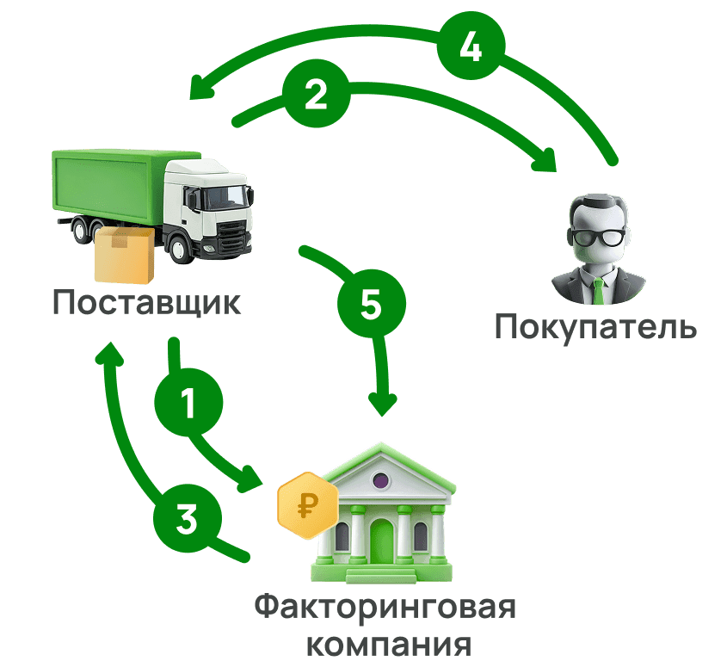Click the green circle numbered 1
(x=188, y=403)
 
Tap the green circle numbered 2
(x=316, y=95)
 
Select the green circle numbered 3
(x=187, y=520)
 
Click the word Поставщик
(x=146, y=303)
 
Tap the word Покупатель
(x=595, y=327)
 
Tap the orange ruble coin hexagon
(x=307, y=505)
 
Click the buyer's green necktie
(x=599, y=289)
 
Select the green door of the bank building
(x=381, y=540)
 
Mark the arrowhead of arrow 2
(x=546, y=161)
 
